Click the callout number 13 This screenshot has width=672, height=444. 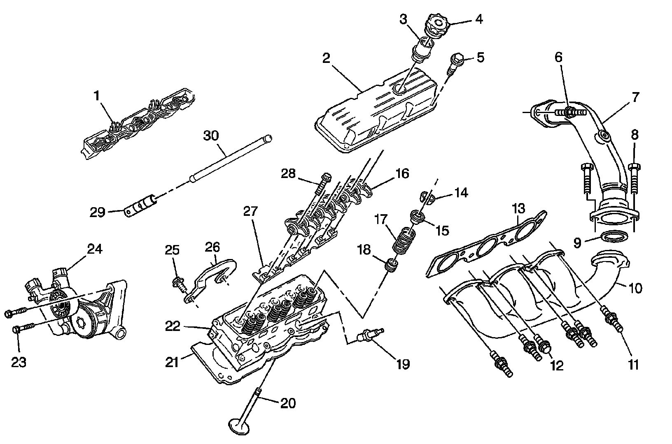(518, 209)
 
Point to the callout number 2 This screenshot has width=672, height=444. (326, 58)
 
